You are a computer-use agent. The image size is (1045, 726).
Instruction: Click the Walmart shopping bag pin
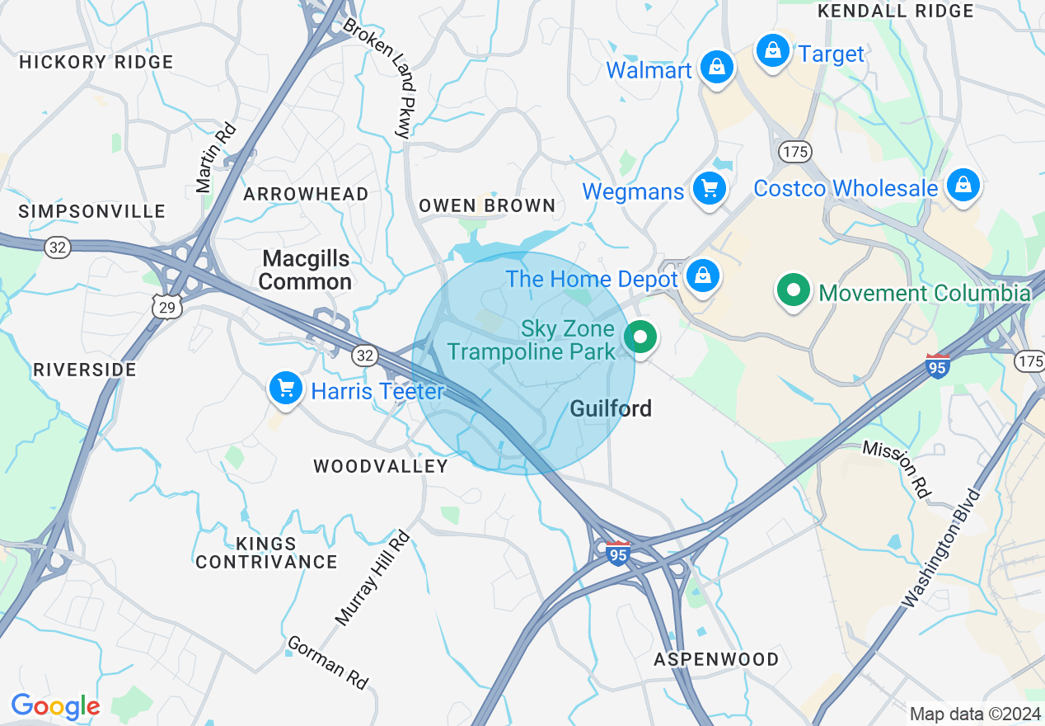[717, 67]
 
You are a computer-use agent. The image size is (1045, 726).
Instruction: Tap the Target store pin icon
[773, 51]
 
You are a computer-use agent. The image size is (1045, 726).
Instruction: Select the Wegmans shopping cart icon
[709, 189]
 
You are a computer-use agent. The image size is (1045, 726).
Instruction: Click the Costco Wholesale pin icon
[963, 186]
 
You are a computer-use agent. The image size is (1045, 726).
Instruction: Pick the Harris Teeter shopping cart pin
[285, 388]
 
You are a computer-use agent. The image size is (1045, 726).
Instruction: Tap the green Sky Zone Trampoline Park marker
[640, 337]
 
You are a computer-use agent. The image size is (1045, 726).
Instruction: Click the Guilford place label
[611, 408]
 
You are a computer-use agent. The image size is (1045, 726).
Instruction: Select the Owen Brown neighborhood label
[487, 205]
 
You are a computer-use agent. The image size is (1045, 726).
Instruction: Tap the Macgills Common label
[305, 271]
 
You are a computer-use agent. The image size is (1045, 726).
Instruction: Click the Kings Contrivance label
[266, 553]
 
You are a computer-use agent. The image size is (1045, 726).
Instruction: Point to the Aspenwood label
[715, 659]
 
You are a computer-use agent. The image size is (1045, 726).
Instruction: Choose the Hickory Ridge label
[96, 62]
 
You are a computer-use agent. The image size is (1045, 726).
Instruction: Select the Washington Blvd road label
[942, 549]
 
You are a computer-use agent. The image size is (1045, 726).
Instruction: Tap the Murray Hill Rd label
[373, 577]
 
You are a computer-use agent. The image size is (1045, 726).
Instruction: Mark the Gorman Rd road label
[327, 662]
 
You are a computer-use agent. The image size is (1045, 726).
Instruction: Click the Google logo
[55, 706]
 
